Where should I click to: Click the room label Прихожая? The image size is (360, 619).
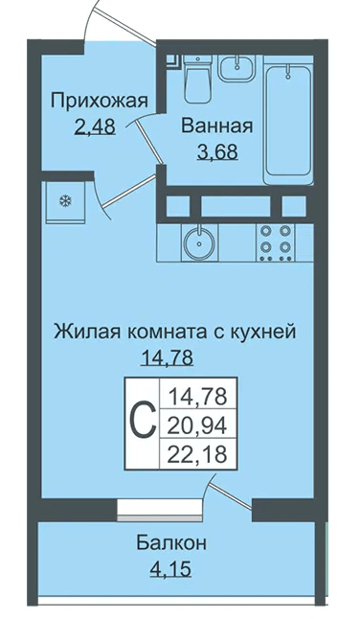point(100,101)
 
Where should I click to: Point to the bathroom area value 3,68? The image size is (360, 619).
point(217,151)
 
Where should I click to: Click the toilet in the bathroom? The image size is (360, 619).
point(197,79)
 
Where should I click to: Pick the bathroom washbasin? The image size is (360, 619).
point(237,67)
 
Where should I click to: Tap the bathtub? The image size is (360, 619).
point(288,120)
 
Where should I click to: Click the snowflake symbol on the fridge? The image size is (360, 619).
point(65,201)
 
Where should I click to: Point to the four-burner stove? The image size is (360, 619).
point(276,241)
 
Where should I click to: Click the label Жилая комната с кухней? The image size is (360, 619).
point(174,332)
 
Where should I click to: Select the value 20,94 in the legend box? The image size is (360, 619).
point(198,425)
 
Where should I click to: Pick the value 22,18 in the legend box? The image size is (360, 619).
point(198,454)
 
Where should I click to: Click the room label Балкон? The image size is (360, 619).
point(171,543)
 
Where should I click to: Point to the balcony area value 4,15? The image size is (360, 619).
point(170,569)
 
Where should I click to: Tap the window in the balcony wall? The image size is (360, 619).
point(160,511)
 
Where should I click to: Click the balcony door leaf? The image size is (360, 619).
point(231,493)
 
